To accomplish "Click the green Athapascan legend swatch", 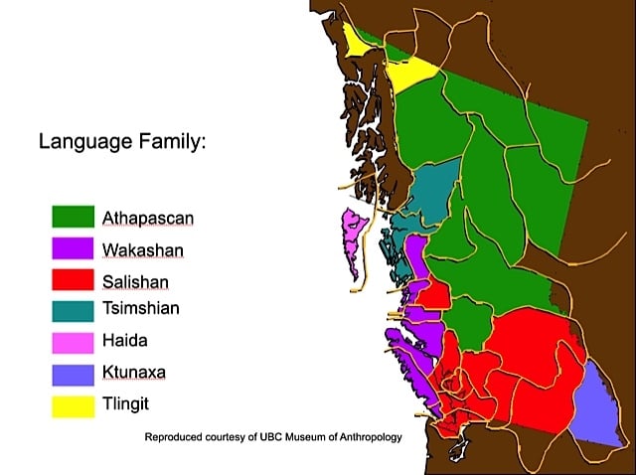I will click(73, 215).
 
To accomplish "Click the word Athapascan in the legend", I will click(147, 216).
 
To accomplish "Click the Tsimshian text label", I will click(140, 309).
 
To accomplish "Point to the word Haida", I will click(123, 341).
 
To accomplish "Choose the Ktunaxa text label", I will click(133, 373).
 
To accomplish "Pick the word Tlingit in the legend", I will click(124, 404).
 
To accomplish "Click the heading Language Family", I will click(122, 141).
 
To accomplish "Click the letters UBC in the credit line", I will click(255, 437).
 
